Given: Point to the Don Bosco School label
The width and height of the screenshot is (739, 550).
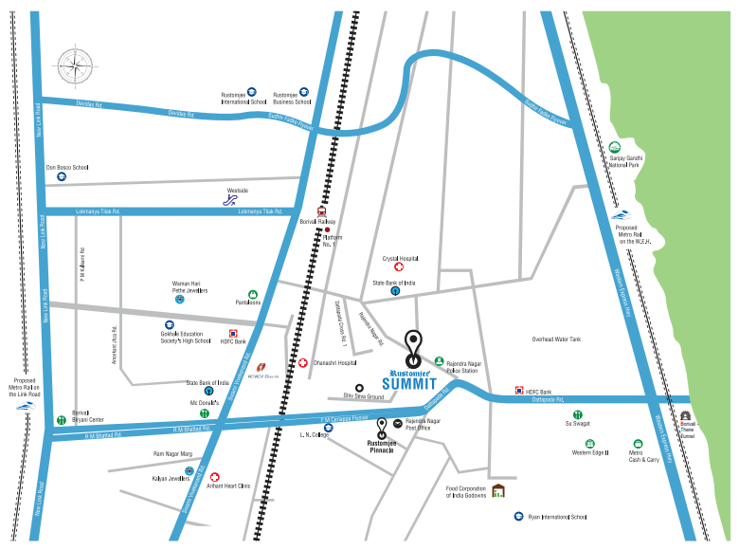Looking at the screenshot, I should click(x=67, y=167).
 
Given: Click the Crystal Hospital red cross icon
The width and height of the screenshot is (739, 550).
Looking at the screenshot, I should click(x=399, y=267).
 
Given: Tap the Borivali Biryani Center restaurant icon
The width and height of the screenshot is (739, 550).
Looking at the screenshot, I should click(x=61, y=417).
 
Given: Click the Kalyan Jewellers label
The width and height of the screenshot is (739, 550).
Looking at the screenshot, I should click(x=172, y=478).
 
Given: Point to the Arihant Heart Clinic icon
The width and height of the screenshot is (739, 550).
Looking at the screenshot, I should click(x=214, y=476).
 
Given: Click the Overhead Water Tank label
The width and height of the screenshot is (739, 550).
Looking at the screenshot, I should click(x=556, y=339).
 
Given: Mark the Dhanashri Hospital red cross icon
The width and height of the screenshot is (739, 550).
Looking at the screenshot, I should click(x=303, y=362).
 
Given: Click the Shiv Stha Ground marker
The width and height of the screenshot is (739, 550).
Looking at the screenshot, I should click(x=359, y=387).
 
